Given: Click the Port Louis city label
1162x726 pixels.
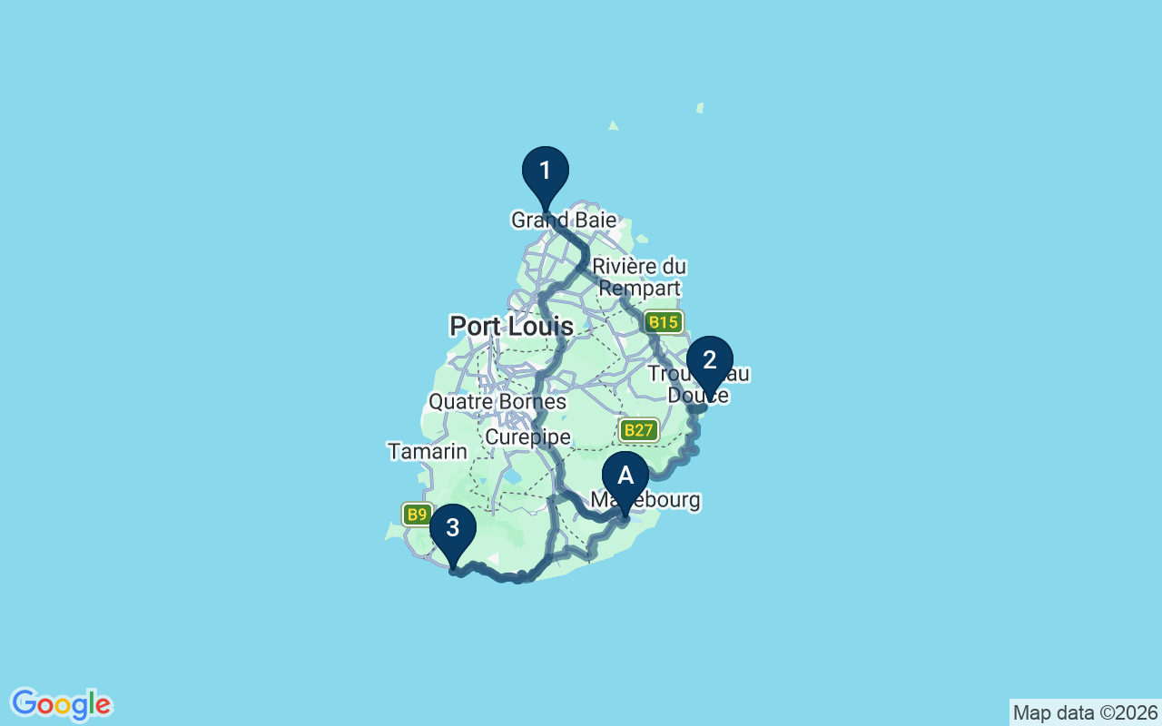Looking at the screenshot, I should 511,326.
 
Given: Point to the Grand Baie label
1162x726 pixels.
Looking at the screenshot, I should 564,221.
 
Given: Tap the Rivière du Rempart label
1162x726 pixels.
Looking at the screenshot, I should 639,278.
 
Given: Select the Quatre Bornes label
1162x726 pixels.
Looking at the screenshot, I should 497,401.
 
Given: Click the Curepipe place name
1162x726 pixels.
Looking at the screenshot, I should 527,437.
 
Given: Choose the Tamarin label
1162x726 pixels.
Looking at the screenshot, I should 428,451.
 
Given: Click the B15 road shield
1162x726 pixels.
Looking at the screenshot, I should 665,322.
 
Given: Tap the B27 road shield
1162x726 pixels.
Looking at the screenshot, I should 639,430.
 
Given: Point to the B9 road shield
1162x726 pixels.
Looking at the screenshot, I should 417,515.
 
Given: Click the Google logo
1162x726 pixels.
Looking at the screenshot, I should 61,704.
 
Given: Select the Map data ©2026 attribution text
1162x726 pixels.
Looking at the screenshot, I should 1085,712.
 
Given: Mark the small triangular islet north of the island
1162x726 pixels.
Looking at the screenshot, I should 614,126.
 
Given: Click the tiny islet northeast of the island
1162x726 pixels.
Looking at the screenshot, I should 700,108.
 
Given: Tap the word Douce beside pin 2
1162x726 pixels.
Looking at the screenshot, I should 697,395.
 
